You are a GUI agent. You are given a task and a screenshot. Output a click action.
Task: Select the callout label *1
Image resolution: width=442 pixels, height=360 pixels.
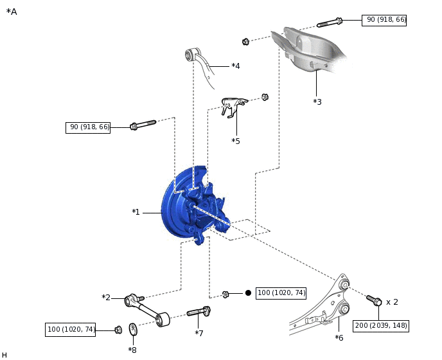pos(136,212)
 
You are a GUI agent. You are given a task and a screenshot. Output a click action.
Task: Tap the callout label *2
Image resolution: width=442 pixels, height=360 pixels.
pos(106,297)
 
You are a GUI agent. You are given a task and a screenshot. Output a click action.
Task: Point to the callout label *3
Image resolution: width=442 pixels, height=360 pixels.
pos(317,102)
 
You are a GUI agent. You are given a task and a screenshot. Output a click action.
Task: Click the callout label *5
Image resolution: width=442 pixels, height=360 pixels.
pos(236,140)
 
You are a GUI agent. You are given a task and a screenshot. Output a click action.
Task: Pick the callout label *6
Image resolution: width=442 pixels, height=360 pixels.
pos(339,337)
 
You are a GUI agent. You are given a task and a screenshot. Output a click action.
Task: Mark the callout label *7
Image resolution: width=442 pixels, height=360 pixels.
pos(199,333)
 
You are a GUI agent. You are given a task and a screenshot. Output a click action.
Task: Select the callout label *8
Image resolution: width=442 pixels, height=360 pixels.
pos(132,350)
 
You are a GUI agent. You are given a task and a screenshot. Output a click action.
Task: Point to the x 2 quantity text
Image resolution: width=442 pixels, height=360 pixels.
pos(392,301)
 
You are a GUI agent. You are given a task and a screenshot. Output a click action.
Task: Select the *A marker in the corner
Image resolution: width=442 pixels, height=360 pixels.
pos(12,12)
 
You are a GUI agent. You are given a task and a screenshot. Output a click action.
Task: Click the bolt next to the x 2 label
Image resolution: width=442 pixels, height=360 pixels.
pos(373,300)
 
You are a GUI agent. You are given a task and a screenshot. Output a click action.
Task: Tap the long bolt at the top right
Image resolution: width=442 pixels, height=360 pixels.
pos(330,23)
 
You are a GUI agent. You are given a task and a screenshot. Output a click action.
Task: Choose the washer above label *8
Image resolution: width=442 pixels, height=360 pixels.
pos(133,330)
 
